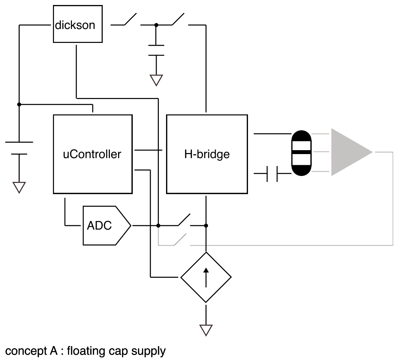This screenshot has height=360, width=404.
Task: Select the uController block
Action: point(92,154)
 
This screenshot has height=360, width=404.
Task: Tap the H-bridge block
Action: point(207,154)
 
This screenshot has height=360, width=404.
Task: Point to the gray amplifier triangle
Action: point(347,152)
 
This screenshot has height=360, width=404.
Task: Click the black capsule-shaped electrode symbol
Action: point(301,153)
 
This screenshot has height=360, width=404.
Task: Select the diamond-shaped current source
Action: point(206,277)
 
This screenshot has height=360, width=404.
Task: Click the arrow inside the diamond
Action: point(206,278)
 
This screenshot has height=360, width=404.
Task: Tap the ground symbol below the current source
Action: point(206,330)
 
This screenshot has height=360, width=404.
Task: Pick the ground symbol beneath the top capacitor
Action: point(156,80)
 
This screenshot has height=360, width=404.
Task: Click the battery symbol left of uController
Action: point(19,148)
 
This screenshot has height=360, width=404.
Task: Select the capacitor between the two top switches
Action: point(156,50)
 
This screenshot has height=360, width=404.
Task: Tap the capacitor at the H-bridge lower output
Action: point(272,174)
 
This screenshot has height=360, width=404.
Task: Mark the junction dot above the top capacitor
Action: point(156,25)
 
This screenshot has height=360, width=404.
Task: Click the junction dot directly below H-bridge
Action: point(206,226)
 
